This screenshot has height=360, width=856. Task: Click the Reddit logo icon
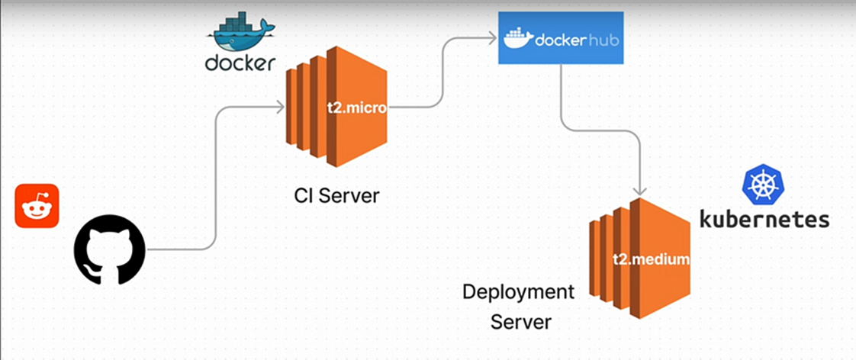[37, 206]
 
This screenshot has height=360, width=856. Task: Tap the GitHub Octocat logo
[109, 249]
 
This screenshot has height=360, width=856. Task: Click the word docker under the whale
[240, 63]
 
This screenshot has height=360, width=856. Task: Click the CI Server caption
[336, 195]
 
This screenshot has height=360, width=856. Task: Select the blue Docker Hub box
[562, 37]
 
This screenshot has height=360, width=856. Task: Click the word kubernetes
[764, 220]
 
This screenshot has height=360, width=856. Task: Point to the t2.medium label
[651, 259]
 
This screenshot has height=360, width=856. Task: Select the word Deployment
[518, 291]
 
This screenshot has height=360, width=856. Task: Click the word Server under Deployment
[520, 322]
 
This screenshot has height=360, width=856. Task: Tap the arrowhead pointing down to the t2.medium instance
[641, 191]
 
